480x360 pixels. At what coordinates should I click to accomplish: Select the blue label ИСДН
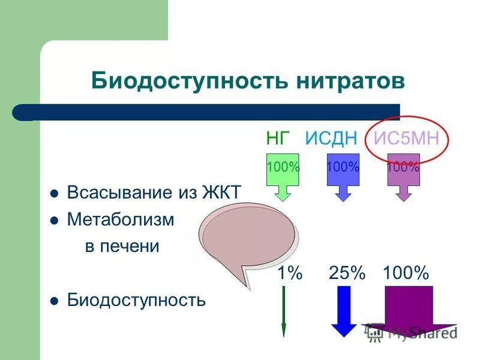click(331, 138)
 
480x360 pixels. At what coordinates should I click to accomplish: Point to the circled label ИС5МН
click(407, 138)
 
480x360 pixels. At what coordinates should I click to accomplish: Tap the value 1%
click(289, 274)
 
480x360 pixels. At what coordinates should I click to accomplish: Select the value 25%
click(347, 274)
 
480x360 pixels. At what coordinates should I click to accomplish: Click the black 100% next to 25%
click(406, 274)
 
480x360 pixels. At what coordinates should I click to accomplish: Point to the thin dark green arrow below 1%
click(284, 312)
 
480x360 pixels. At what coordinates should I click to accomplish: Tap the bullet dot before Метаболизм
click(54, 221)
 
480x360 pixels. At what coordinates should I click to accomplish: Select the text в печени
click(121, 246)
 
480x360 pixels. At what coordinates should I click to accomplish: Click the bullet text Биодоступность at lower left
click(136, 299)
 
